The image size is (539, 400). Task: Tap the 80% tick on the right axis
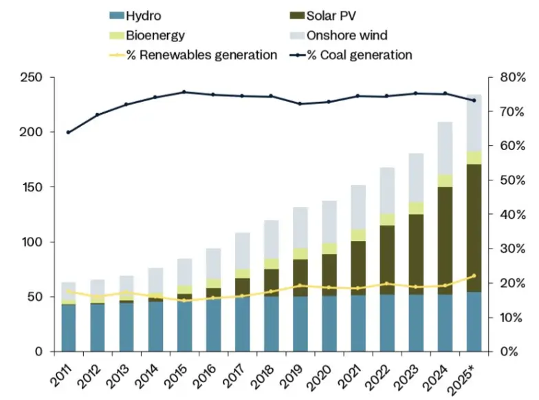511,77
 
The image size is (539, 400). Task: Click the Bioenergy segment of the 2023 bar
417,208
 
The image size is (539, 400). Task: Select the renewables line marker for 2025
474,276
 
